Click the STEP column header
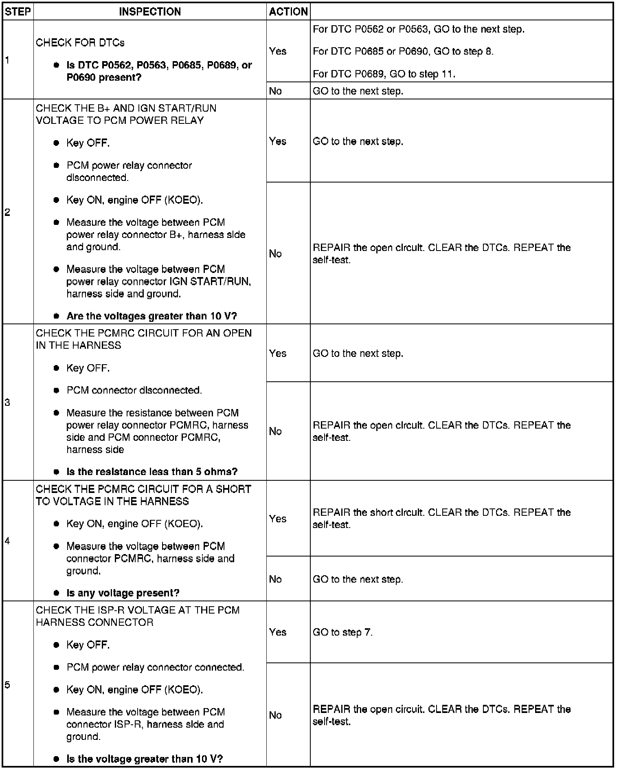(18, 11)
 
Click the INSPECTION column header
(150, 11)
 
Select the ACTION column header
(288, 11)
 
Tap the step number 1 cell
(8, 60)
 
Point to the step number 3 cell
(8, 403)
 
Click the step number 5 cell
(8, 684)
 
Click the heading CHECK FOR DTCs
(80, 43)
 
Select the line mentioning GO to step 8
(403, 51)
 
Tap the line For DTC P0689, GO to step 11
(384, 74)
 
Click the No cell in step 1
(276, 91)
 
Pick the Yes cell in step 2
(278, 141)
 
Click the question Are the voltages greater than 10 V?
(151, 316)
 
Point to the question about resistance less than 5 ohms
(152, 472)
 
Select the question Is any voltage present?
(123, 593)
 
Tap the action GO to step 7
(342, 632)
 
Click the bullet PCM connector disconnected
(134, 390)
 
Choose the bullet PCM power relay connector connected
(155, 667)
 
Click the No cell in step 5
(276, 715)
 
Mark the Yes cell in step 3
(278, 353)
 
